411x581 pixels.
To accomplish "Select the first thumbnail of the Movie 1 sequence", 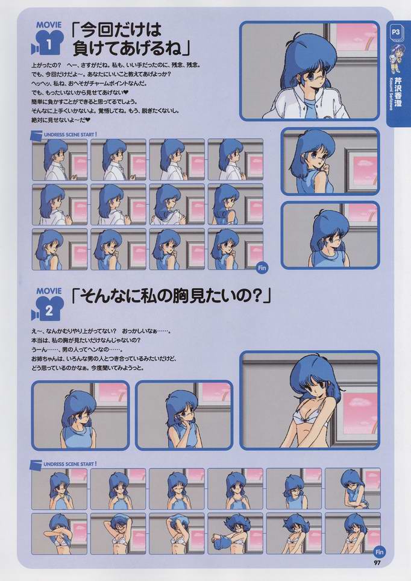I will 59,160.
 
